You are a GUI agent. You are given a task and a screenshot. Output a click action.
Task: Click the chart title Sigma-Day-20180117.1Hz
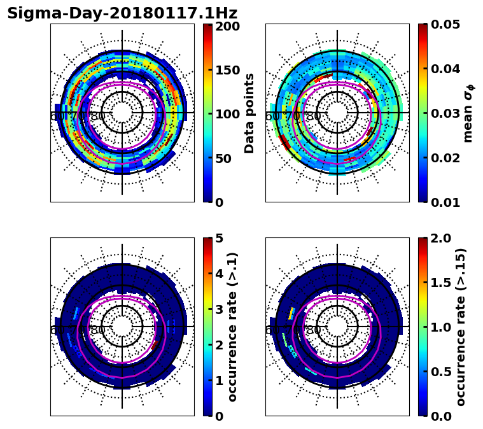click(x=122, y=13)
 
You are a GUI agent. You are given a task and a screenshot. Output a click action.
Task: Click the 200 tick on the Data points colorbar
click(x=227, y=26)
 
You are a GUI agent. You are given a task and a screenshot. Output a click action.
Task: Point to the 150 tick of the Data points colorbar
click(x=227, y=70)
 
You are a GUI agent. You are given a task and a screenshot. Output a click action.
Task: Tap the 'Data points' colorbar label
click(x=249, y=113)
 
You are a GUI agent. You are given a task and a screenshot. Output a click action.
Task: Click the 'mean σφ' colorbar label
click(x=468, y=113)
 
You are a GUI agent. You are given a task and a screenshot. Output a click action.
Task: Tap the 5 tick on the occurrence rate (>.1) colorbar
click(x=218, y=239)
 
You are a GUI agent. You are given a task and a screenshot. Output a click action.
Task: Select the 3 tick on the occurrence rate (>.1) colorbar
click(x=218, y=309)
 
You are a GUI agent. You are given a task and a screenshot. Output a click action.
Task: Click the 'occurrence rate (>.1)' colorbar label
click(x=233, y=327)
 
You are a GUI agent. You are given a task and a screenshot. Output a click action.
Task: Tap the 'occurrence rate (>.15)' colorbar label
click(x=461, y=327)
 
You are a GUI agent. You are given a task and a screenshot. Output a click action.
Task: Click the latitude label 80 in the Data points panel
click(x=98, y=116)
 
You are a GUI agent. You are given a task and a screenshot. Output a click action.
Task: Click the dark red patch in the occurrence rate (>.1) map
click(x=156, y=346)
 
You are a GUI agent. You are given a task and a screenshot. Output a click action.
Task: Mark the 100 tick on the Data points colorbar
click(x=227, y=114)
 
